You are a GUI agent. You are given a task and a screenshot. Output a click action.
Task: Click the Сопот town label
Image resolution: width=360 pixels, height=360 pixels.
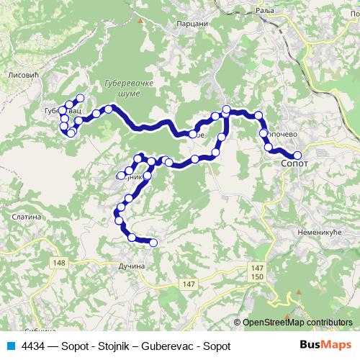293,164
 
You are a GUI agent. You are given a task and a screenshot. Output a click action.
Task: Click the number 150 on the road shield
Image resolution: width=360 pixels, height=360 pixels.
258,276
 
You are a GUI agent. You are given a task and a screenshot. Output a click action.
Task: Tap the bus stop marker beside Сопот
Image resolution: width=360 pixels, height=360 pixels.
297,155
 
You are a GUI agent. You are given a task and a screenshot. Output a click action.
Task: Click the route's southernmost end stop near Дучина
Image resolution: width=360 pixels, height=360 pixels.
153,243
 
